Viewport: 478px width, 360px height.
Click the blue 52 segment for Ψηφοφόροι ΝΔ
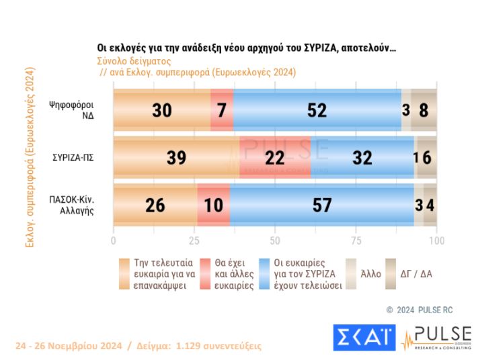click(317, 111)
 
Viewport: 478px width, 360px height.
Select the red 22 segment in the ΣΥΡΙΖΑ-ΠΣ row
click(275, 158)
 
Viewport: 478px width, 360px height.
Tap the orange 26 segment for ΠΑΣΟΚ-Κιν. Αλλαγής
click(155, 204)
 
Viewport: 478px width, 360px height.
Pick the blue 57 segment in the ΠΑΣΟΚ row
click(321, 204)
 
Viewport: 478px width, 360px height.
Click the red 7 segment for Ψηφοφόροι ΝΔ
click(222, 111)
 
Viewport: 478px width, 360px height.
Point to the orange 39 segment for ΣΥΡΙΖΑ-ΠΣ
click(176, 158)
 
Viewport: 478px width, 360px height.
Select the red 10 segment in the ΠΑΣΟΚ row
click(213, 204)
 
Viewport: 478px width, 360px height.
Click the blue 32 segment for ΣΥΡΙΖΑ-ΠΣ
click(362, 158)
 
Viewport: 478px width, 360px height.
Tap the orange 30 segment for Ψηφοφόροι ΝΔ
click(161, 111)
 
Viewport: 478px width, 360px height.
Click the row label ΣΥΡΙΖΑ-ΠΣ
click(73, 158)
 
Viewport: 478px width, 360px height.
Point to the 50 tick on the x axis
click(275, 240)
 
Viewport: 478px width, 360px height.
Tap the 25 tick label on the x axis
click(194, 240)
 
